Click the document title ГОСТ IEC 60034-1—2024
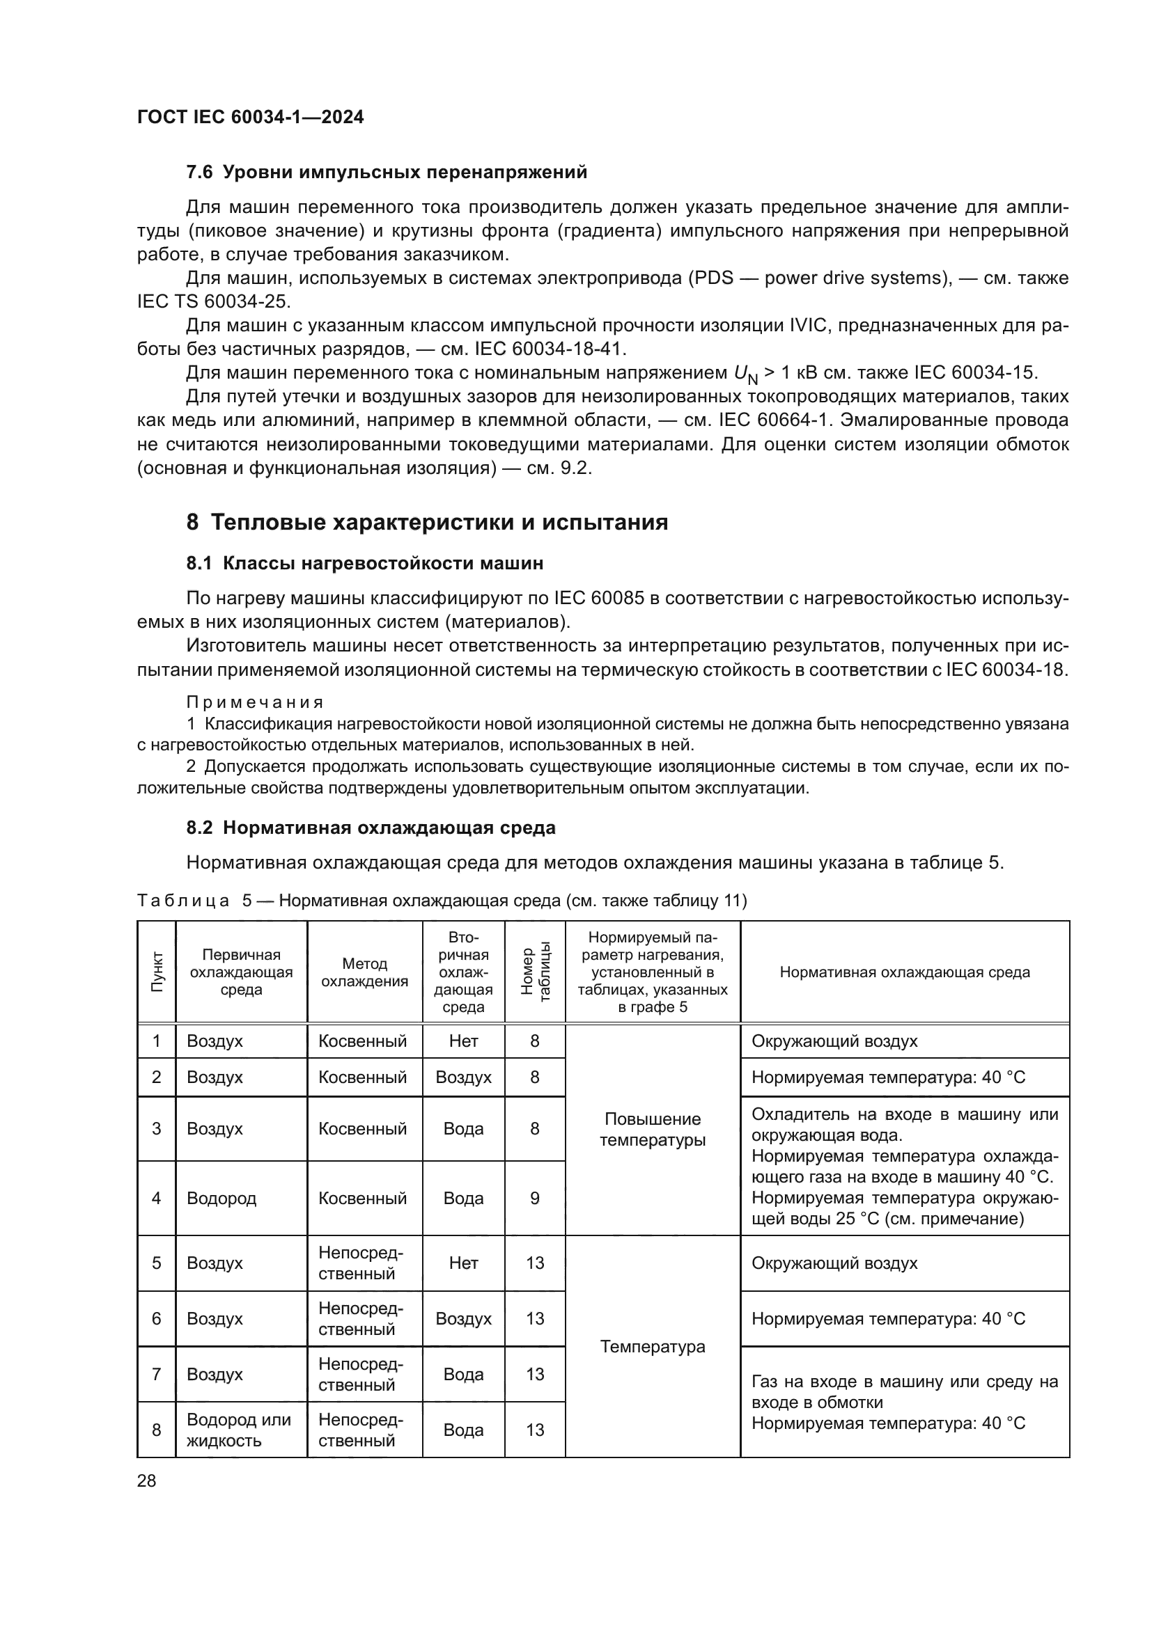(251, 117)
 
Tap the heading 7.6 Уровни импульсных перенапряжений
(387, 173)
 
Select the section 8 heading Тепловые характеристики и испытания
(427, 523)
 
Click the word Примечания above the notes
(255, 703)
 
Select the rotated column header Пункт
(157, 972)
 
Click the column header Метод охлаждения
(364, 972)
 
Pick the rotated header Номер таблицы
(535, 972)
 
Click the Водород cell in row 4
(221, 1199)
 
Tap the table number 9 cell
(535, 1199)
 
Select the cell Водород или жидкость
(238, 1430)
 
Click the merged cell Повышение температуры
(653, 1130)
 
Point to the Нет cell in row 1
(463, 1041)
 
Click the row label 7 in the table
(157, 1374)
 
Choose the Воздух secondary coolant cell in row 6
(463, 1319)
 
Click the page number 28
(147, 1480)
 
